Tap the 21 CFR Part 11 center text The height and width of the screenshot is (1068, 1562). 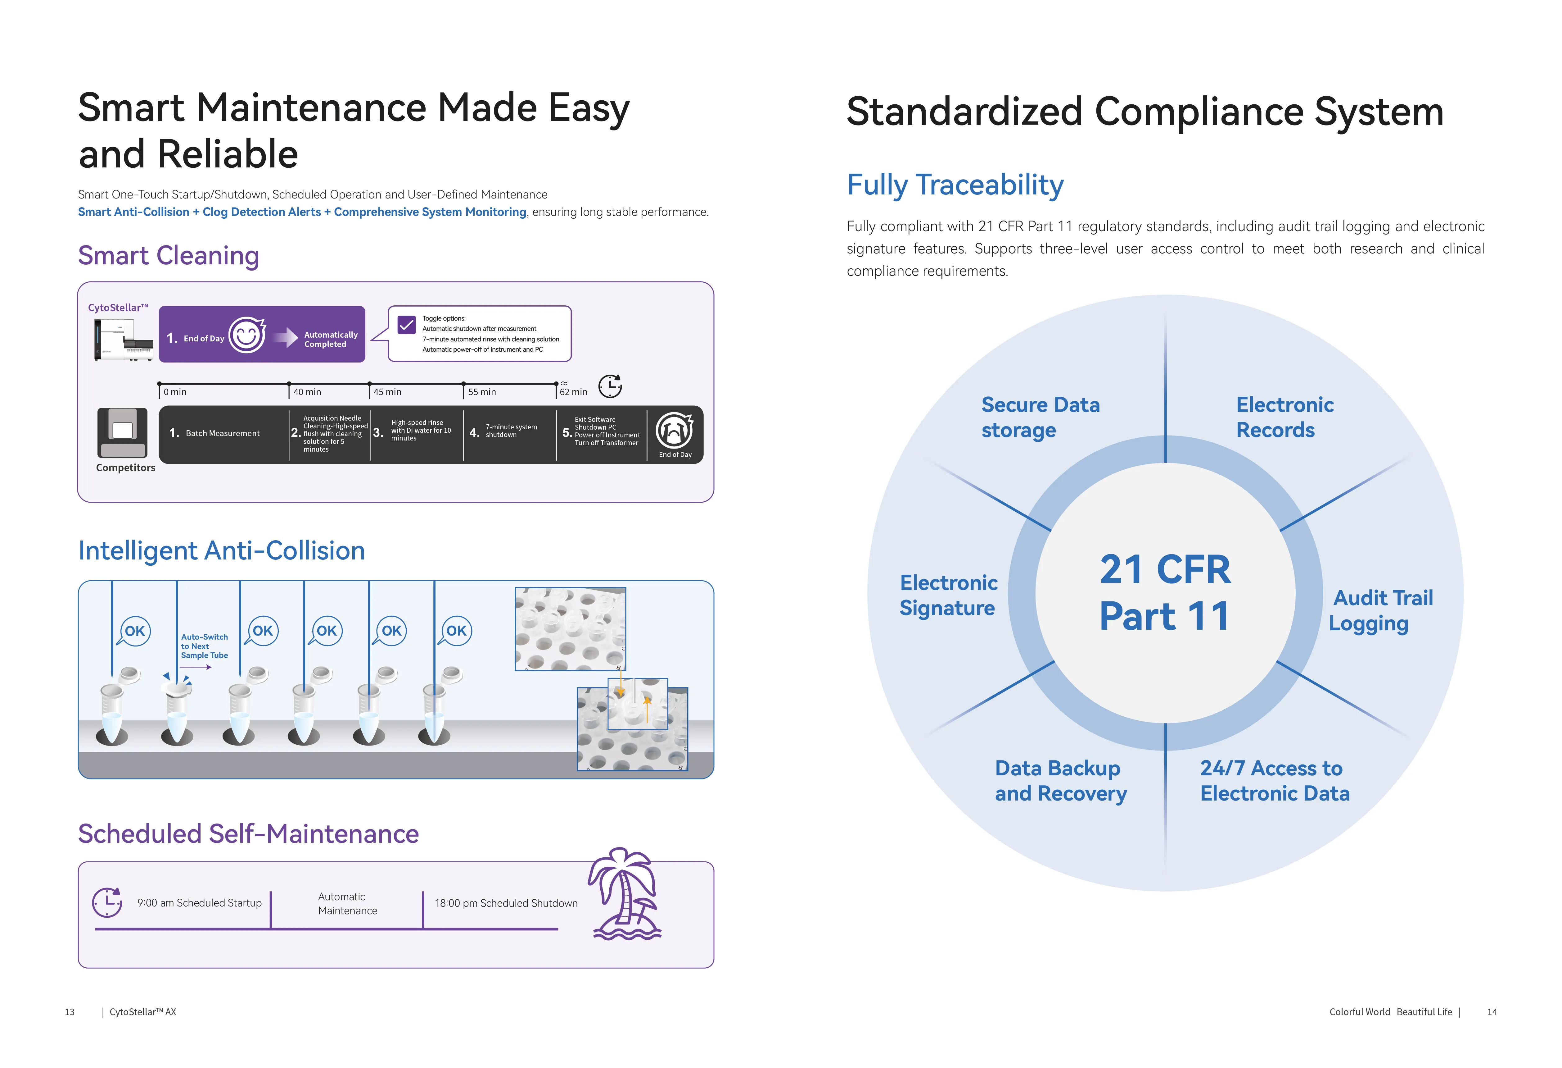[1166, 592]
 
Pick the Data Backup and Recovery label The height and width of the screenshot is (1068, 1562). [1061, 781]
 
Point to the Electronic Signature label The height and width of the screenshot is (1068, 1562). [948, 595]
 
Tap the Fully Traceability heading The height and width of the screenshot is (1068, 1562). [955, 185]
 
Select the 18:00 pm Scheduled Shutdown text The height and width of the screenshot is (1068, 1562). [506, 903]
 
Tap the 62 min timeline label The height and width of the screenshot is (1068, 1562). [573, 392]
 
